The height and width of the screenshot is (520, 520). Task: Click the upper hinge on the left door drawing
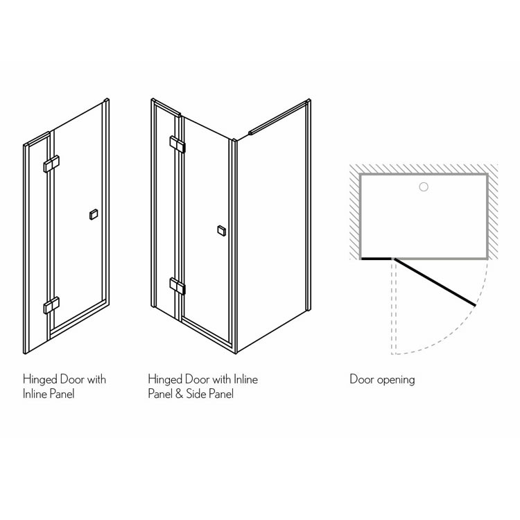pyautogui.click(x=51, y=164)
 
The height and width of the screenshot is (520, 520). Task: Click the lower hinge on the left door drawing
pyautogui.click(x=51, y=305)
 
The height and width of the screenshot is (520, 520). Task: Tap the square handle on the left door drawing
pyautogui.click(x=94, y=214)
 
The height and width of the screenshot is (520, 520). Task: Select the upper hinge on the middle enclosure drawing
pyautogui.click(x=177, y=144)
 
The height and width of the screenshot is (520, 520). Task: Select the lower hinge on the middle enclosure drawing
pyautogui.click(x=177, y=286)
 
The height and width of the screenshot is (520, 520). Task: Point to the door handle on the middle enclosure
pyautogui.click(x=222, y=231)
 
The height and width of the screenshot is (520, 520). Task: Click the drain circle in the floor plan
pyautogui.click(x=424, y=187)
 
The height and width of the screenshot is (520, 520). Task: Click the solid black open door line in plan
pyautogui.click(x=435, y=282)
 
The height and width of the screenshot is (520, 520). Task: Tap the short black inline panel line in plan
pyautogui.click(x=376, y=259)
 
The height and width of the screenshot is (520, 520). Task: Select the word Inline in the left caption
pyautogui.click(x=35, y=394)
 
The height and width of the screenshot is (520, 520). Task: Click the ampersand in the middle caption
pyautogui.click(x=179, y=394)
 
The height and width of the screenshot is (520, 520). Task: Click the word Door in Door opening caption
pyautogui.click(x=362, y=379)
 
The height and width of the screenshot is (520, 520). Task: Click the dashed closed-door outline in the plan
pyautogui.click(x=394, y=306)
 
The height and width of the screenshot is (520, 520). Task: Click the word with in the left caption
pyautogui.click(x=96, y=379)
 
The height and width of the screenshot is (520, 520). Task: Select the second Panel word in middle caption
pyautogui.click(x=221, y=394)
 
